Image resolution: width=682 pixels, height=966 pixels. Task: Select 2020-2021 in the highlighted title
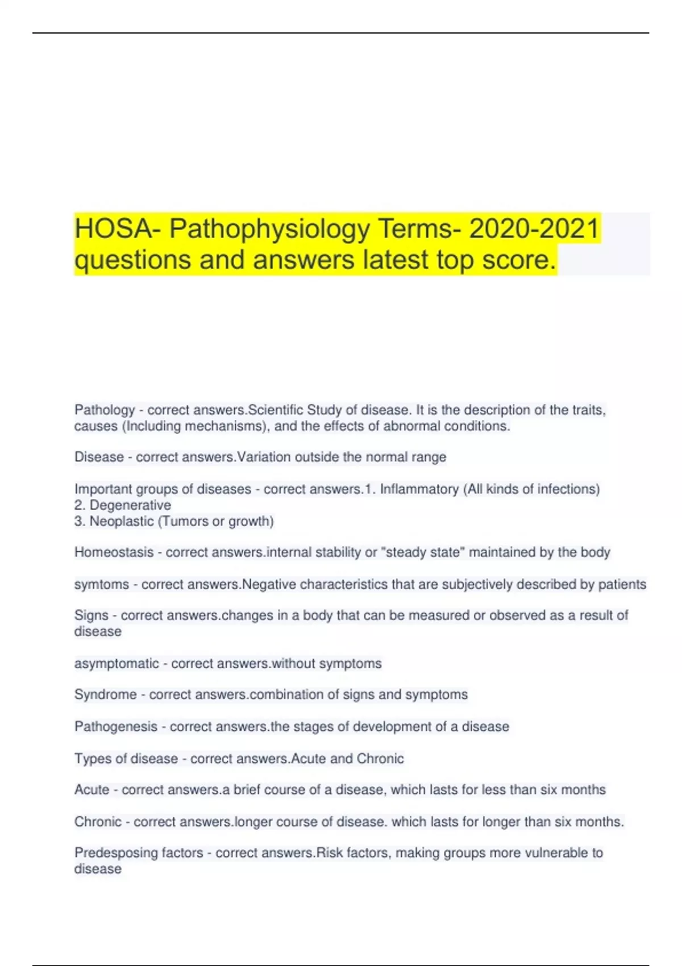tap(534, 229)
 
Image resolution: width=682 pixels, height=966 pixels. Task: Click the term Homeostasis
tap(114, 552)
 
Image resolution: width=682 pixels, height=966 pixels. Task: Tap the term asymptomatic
tap(117, 664)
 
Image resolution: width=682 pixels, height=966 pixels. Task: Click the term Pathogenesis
tap(115, 727)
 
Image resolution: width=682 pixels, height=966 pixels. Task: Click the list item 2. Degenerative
tap(123, 505)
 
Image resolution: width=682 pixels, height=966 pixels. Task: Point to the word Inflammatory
tap(419, 489)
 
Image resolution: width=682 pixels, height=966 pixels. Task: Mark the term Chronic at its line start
tap(98, 822)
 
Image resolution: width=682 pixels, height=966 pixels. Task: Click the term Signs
tap(91, 615)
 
